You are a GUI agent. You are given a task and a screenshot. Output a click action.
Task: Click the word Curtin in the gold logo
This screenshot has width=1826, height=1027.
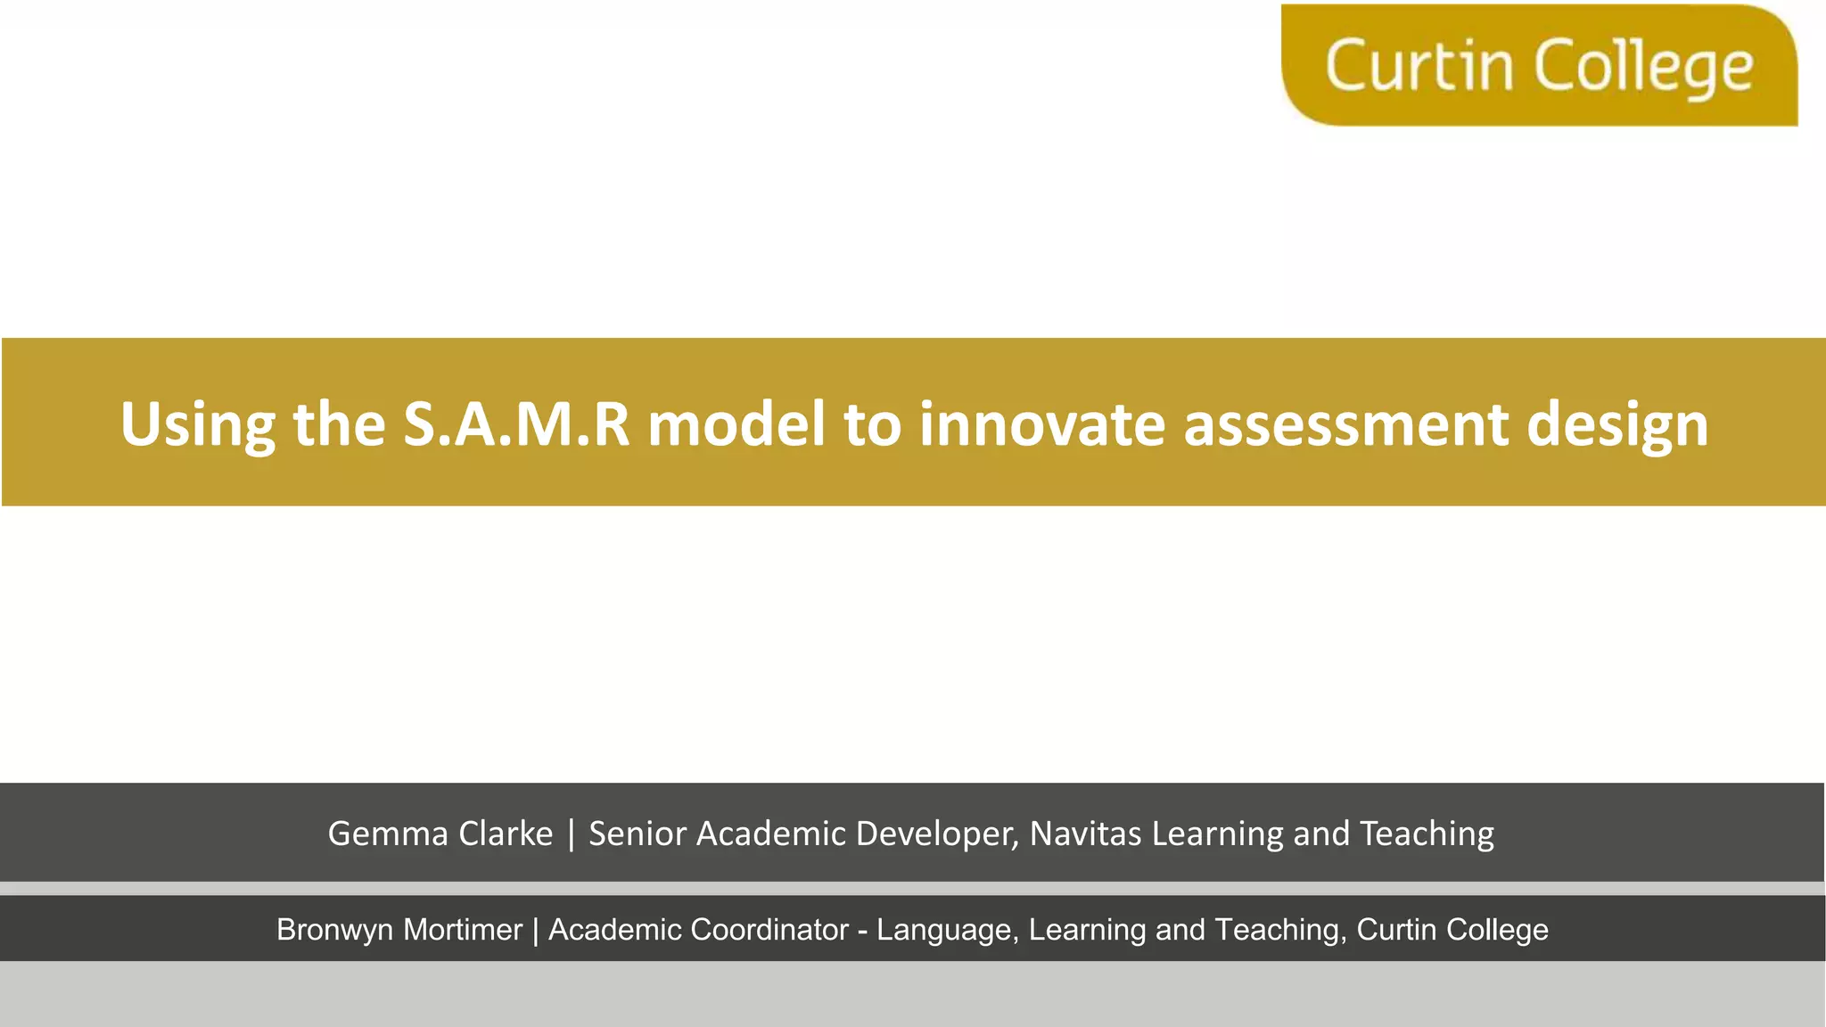tap(1419, 66)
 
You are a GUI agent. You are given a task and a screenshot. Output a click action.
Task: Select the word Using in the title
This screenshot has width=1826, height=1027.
tap(198, 424)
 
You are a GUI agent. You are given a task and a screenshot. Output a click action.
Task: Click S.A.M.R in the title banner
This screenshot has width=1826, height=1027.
tap(516, 424)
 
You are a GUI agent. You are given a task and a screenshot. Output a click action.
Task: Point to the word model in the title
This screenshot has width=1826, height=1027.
tap(736, 424)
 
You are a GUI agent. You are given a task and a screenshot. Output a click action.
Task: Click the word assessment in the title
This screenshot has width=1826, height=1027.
tap(1345, 424)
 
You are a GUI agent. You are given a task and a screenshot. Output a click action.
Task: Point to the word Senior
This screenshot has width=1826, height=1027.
tap(637, 834)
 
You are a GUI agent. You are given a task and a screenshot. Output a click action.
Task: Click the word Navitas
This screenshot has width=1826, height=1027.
tap(1085, 834)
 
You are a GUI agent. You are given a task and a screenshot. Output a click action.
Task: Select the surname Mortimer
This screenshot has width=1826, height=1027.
tap(462, 930)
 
